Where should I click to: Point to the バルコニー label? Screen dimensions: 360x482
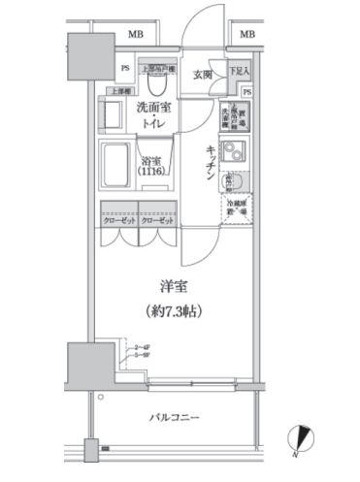[175, 418]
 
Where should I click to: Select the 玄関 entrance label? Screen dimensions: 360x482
[202, 75]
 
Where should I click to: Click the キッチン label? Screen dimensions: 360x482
[210, 161]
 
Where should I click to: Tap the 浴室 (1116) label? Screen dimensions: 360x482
[150, 166]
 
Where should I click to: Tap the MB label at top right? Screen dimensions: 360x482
[247, 35]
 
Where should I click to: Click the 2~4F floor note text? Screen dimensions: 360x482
[141, 345]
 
